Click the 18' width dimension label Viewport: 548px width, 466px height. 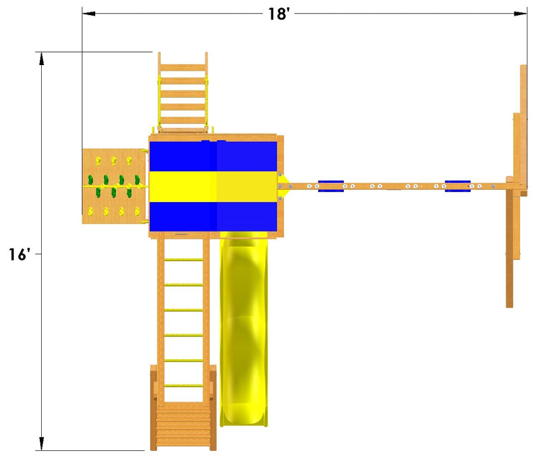coord(279,14)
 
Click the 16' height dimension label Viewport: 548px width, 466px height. coord(20,254)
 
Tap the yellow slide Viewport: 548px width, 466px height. coord(244,329)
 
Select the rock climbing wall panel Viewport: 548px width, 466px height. coord(114,186)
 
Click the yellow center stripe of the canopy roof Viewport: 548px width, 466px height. coord(213,186)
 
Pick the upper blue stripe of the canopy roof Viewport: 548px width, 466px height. coord(213,156)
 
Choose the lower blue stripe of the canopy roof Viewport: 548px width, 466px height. coord(213,217)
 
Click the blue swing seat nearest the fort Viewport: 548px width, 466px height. coord(331,186)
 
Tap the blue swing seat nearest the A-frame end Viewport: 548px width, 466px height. coord(458,186)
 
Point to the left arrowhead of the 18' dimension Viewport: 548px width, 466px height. coord(89,14)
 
